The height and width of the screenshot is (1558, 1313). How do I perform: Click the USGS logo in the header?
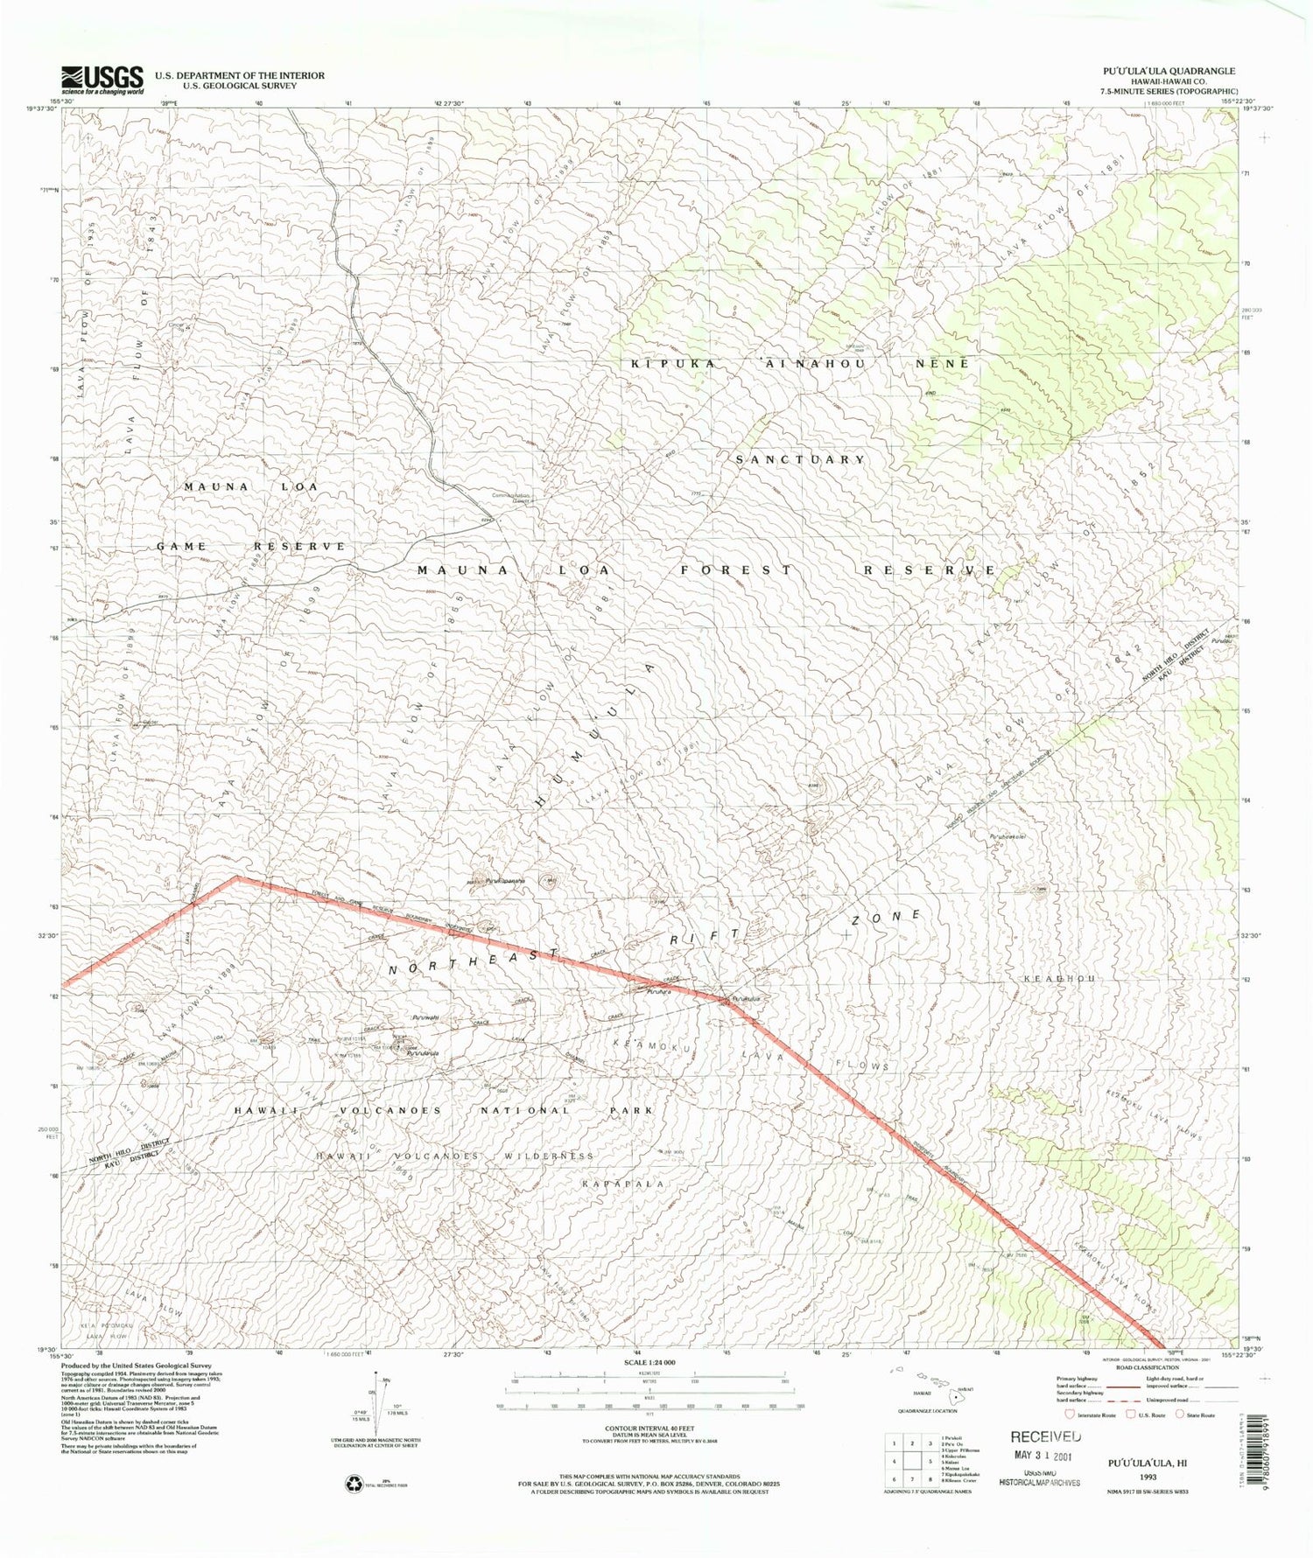(102, 80)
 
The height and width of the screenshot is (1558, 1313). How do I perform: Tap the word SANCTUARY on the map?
(800, 459)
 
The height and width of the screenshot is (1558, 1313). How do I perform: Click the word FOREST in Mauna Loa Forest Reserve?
(737, 569)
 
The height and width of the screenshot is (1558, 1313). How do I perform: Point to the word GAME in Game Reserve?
(182, 546)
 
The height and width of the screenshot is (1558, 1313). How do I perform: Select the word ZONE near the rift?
(887, 917)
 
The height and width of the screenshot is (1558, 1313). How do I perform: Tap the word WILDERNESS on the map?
(548, 1156)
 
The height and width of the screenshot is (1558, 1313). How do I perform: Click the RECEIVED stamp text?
(1045, 1436)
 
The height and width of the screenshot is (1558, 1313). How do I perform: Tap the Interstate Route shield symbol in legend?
(1070, 1414)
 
